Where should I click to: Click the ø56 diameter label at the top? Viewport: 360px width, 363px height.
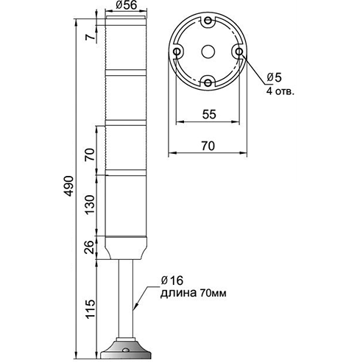coord(126,5)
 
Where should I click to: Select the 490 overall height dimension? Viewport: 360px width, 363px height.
coord(69,186)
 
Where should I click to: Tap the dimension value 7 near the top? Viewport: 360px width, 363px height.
coord(90,38)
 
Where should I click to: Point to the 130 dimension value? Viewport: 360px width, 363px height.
coord(90,205)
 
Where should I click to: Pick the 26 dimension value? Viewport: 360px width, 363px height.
coord(90,247)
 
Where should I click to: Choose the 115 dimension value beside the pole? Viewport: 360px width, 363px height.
coord(90,309)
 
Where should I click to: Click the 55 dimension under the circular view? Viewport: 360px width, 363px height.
coord(209,114)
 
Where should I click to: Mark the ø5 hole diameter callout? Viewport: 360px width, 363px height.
coord(274,77)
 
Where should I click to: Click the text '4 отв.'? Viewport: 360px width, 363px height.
coord(280,91)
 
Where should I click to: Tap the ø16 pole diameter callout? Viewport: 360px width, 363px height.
coord(172,281)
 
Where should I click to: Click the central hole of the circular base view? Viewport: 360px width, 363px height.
coord(208,52)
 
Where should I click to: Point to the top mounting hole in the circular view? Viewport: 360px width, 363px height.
coord(208,20)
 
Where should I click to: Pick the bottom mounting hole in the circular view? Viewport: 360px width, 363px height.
coord(208,83)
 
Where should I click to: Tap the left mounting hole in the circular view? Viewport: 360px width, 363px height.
coord(177,52)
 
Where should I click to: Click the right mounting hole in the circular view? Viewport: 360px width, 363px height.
coord(239,52)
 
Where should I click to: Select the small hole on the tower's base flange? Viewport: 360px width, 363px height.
coord(126,350)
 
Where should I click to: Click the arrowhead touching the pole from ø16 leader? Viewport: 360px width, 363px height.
coord(135,306)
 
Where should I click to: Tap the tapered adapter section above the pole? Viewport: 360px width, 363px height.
coord(126,247)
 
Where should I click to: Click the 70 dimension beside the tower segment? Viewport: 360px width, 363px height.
coord(90,155)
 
